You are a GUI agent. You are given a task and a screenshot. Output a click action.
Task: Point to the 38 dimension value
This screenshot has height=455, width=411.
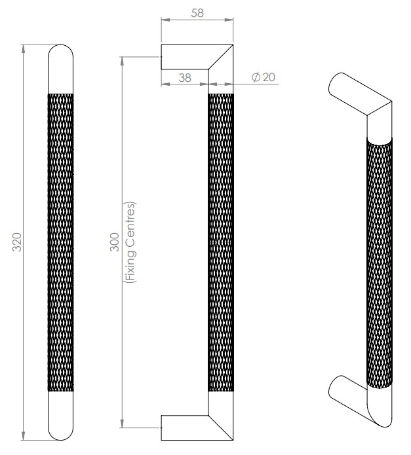coord(184,77)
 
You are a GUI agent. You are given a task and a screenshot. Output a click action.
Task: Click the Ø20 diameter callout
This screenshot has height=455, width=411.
coord(264,77)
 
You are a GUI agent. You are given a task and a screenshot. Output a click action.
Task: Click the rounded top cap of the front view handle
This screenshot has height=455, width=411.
coord(61,69)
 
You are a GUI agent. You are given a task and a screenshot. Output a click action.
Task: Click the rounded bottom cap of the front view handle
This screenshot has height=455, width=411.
coord(61,416)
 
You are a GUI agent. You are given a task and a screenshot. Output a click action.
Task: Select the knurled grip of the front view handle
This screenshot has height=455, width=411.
coord(61,242)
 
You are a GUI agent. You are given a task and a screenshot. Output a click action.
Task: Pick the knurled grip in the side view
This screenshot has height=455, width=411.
coord(220,242)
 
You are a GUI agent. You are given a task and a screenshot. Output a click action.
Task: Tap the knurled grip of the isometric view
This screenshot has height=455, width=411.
coord(380,262)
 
